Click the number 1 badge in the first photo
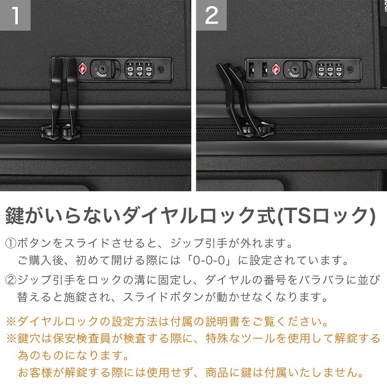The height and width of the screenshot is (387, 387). tap(15, 15)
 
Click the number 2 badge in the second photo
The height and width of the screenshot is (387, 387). tap(212, 15)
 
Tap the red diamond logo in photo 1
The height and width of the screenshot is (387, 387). tap(83, 69)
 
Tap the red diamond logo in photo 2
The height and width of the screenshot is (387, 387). tap(276, 70)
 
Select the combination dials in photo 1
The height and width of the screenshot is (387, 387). tap(139, 70)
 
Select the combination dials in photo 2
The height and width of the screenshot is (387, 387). tap(330, 70)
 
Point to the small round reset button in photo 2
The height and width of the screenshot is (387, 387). tap(350, 70)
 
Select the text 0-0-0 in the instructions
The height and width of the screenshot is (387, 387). tap(209, 260)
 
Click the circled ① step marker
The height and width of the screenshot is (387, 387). tap(11, 244)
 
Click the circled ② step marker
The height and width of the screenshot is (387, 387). tap(11, 280)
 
